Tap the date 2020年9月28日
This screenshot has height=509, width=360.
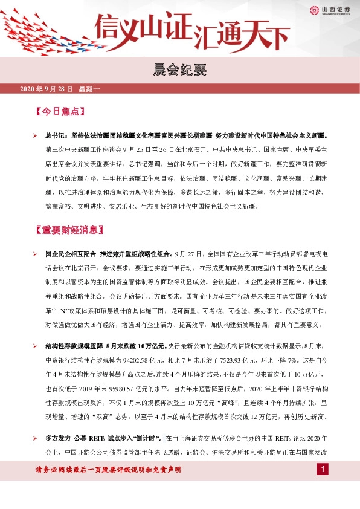pyautogui.click(x=46, y=89)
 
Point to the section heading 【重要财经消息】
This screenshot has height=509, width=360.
pyautogui.click(x=69, y=230)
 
